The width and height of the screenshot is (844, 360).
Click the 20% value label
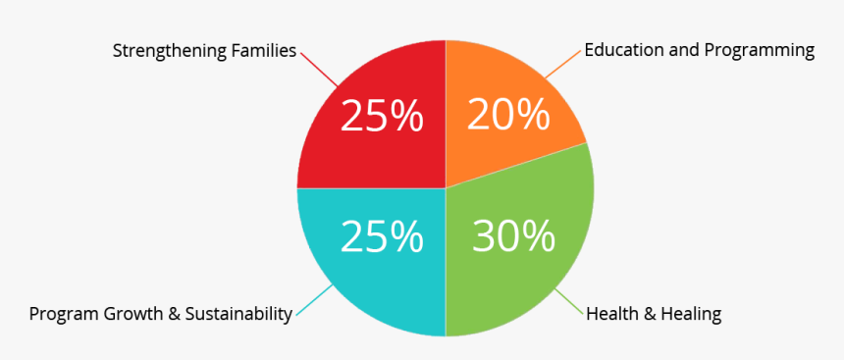[x=507, y=116]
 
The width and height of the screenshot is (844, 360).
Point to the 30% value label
[x=513, y=236]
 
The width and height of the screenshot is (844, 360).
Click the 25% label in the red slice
[x=382, y=117]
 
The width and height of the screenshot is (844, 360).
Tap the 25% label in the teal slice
[x=382, y=236]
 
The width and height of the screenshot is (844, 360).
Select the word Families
[x=262, y=50]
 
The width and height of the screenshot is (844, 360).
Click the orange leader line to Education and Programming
[x=561, y=64]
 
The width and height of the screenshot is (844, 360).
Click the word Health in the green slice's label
[x=609, y=314]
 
